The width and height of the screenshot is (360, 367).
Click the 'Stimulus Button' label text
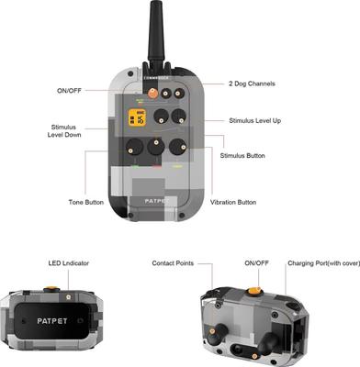243,156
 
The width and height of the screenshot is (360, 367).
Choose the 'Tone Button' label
86,202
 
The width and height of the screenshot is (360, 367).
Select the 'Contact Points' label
177,264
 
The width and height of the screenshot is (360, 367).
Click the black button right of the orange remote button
165,95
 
